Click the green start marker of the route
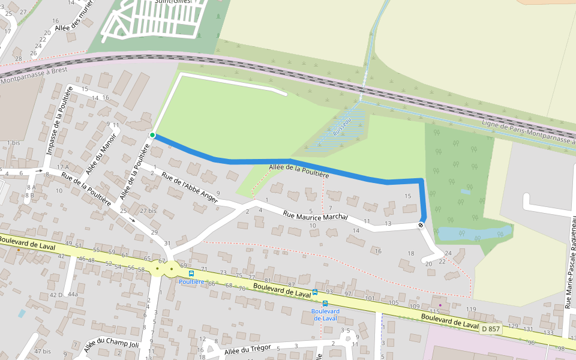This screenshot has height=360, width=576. (x=152, y=135)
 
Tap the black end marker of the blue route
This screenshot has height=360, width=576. (x=421, y=225)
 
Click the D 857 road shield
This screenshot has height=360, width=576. (x=490, y=328)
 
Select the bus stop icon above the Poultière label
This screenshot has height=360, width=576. (x=191, y=274)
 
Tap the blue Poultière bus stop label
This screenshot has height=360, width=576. (x=192, y=281)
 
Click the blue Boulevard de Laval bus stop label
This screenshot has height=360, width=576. (x=325, y=314)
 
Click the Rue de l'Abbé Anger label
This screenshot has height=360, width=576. (x=190, y=188)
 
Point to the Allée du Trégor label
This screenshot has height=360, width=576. (x=248, y=349)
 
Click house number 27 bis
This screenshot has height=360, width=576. (x=148, y=211)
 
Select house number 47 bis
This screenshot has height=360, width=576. (x=42, y=351)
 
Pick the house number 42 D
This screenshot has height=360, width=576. (x=55, y=295)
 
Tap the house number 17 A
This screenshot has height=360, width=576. (x=62, y=166)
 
